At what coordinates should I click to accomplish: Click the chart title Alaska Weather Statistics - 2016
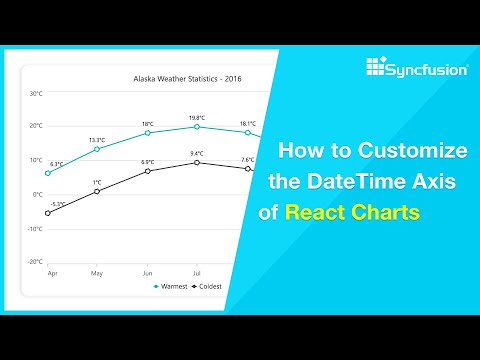click(188, 77)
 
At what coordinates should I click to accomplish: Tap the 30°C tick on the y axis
click(35, 94)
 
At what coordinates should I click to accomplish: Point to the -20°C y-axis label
click(34, 261)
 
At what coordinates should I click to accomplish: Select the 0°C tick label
click(37, 194)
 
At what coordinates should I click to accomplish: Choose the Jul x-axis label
click(196, 272)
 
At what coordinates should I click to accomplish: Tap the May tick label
click(97, 272)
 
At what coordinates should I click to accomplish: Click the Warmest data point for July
click(196, 127)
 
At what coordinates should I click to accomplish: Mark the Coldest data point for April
click(47, 213)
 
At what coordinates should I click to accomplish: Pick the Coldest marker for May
click(97, 191)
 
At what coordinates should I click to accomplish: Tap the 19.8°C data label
click(196, 117)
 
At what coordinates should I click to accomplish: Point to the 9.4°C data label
click(196, 153)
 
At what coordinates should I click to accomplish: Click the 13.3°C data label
click(97, 139)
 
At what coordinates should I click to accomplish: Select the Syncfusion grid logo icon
click(376, 68)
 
